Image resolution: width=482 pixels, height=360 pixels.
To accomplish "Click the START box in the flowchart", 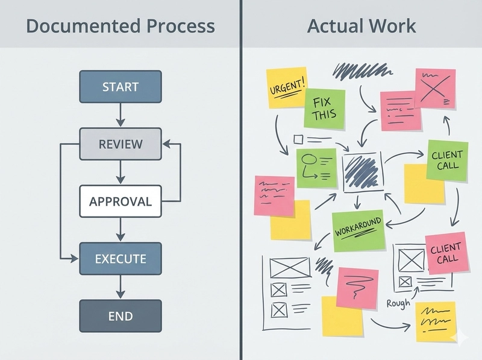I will pyautogui.click(x=120, y=86).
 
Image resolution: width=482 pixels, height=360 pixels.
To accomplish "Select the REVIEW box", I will pyautogui.click(x=120, y=144).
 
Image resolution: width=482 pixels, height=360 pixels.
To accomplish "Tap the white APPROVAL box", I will pyautogui.click(x=120, y=201).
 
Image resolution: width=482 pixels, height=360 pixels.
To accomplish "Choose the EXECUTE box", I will pyautogui.click(x=120, y=259).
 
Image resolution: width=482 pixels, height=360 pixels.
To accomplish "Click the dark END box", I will pyautogui.click(x=120, y=316).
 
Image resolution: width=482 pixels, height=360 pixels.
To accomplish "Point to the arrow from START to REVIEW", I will pyautogui.click(x=120, y=115).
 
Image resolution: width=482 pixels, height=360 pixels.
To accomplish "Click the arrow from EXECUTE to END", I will pyautogui.click(x=120, y=288).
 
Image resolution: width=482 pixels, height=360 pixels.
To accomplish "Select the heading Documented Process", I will pyautogui.click(x=120, y=26).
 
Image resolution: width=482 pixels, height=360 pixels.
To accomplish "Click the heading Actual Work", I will pyautogui.click(x=361, y=26).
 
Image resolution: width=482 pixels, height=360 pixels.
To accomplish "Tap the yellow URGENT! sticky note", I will pyautogui.click(x=286, y=89).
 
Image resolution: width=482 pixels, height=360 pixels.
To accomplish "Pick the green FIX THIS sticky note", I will pyautogui.click(x=325, y=109).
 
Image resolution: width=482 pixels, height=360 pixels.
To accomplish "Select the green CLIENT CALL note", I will pyautogui.click(x=447, y=160).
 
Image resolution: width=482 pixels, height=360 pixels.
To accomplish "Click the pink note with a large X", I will pyautogui.click(x=434, y=88).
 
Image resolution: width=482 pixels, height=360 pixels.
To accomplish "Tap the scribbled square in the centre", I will pyautogui.click(x=362, y=172).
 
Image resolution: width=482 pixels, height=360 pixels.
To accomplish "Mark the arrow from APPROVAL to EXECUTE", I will pyautogui.click(x=120, y=230).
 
